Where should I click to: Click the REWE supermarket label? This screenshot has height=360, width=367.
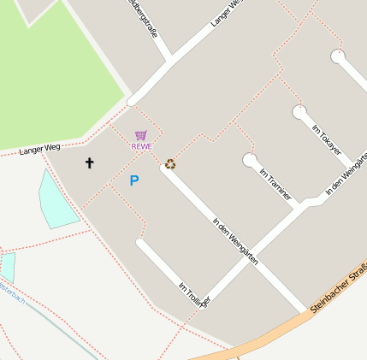[141, 146]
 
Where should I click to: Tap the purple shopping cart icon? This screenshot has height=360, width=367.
[141, 135]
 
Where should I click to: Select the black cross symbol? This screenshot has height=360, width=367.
[89, 162]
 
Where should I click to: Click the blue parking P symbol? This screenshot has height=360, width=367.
[133, 180]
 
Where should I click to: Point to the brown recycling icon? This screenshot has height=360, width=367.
[170, 164]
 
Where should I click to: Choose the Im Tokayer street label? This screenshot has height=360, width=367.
[327, 139]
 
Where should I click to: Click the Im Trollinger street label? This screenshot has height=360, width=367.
[194, 293]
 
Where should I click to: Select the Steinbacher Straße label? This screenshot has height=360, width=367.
[339, 290]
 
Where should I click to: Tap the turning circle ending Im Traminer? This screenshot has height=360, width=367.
[249, 160]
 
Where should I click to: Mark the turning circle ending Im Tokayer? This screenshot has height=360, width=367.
[299, 112]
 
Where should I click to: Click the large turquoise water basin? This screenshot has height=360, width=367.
[56, 200]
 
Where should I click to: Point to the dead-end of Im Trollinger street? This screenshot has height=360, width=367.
[142, 245]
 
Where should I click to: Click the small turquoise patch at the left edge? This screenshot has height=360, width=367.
[7, 266]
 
